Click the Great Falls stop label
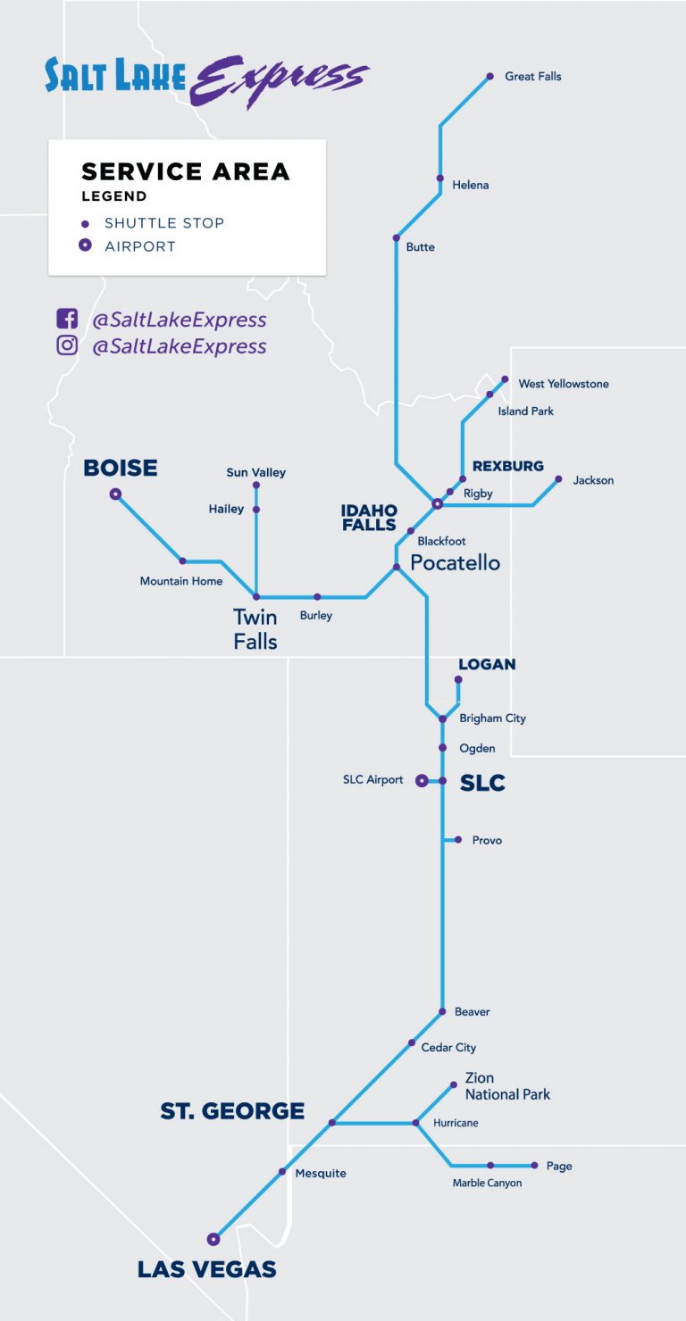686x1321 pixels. click(532, 77)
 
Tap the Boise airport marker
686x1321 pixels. click(115, 494)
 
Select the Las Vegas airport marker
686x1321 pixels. click(213, 1239)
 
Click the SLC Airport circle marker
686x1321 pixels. click(422, 780)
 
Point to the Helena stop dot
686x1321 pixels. click(439, 178)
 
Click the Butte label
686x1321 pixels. click(420, 247)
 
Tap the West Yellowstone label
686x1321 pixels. click(563, 384)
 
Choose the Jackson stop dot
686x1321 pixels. click(558, 479)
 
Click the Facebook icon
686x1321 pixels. click(67, 319)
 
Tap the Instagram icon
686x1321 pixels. click(67, 345)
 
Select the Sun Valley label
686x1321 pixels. click(255, 472)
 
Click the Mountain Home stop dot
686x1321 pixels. click(182, 561)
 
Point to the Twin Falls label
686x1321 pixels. click(255, 628)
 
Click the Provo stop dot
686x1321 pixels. click(458, 840)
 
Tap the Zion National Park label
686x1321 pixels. click(507, 1086)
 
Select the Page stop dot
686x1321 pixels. click(534, 1165)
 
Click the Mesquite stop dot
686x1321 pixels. click(282, 1172)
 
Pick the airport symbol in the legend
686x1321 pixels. click(85, 246)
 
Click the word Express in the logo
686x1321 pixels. click(278, 80)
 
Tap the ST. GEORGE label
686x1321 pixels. click(232, 1111)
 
